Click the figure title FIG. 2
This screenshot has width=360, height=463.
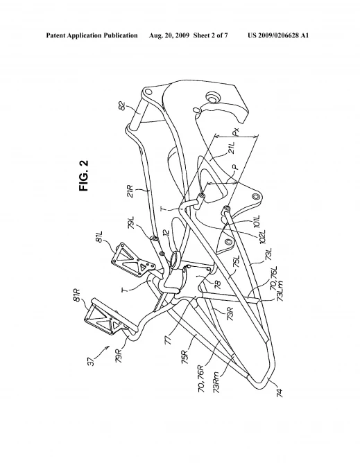(84, 175)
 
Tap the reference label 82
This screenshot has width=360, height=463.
(121, 105)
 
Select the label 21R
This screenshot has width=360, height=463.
(130, 191)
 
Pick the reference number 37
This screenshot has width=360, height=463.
(92, 361)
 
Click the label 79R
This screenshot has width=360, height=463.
(119, 356)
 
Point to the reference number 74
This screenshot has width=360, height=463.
(279, 393)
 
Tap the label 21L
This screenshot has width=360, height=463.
(232, 148)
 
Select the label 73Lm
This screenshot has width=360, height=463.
(280, 291)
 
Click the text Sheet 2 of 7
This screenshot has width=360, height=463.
(210, 36)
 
